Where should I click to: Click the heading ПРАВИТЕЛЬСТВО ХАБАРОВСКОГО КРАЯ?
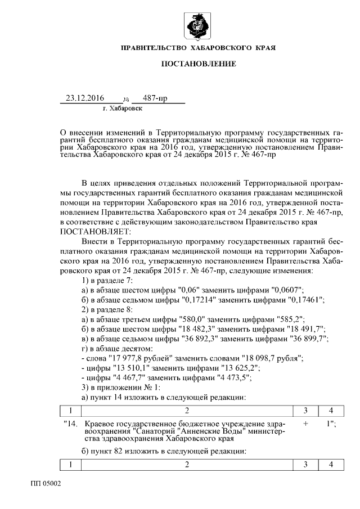click(198, 49)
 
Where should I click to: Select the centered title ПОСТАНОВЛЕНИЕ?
click(199, 64)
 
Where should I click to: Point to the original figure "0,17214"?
click(190, 300)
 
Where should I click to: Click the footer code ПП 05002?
click(46, 484)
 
